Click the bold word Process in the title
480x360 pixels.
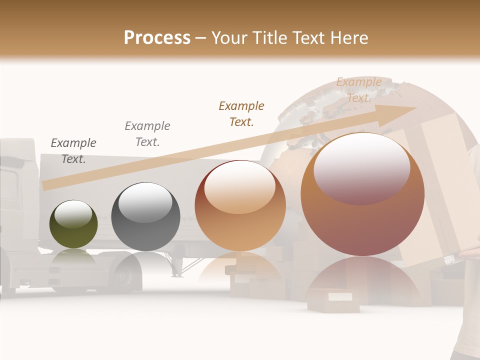point(157,38)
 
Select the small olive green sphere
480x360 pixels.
point(73,224)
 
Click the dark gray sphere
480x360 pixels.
point(145,217)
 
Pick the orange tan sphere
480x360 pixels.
point(240,206)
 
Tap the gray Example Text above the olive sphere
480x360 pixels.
point(73,151)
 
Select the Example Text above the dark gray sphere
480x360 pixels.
point(147,133)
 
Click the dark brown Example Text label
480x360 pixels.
point(241,113)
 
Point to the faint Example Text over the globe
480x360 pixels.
point(359,90)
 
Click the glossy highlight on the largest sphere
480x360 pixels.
point(362,167)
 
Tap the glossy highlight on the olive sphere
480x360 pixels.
point(73,214)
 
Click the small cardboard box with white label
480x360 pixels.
point(333,299)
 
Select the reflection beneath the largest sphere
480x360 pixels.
point(362,280)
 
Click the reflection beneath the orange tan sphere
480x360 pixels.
point(240,270)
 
